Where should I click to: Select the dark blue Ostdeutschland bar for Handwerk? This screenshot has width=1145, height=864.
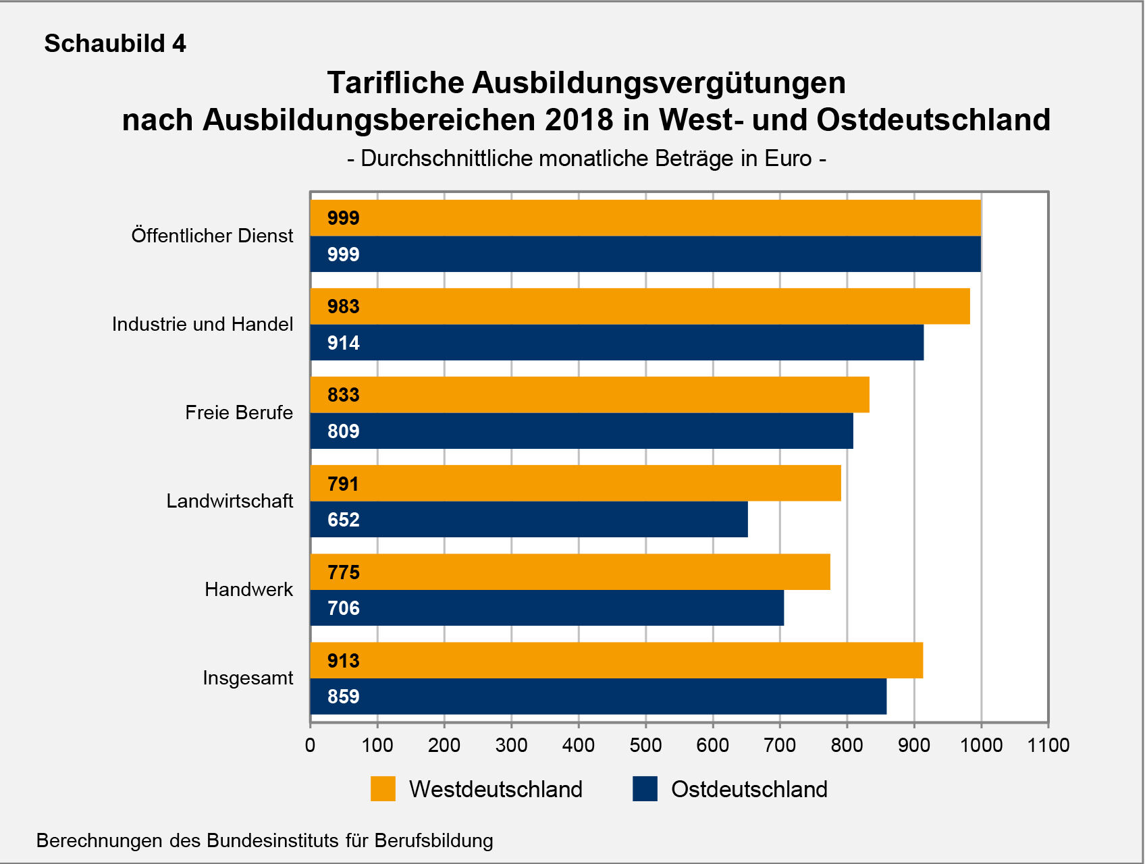coord(547,608)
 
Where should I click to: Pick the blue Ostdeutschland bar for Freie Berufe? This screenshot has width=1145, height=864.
coord(581,431)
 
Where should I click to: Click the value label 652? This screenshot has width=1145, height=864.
coord(344,520)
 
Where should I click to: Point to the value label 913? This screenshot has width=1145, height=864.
coord(344,661)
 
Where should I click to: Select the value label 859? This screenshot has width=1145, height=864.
coord(344,697)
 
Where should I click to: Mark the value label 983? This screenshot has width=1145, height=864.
coord(344,306)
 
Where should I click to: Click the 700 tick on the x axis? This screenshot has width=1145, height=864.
coord(780,745)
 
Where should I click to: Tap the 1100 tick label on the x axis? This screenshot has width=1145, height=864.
coord(1048,745)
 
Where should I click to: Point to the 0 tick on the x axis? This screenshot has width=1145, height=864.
coord(310,745)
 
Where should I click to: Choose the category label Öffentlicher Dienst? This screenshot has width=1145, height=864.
coord(212,236)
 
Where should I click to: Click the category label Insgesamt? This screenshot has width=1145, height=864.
coord(248,678)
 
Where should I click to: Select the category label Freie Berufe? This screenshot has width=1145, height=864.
coord(239,413)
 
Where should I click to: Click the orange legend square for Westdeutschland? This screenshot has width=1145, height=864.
coord(383,789)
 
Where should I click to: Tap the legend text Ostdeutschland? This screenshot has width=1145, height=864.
coord(749,789)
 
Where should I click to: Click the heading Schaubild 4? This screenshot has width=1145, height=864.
coord(115,44)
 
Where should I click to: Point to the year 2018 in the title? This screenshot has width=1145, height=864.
coord(579,120)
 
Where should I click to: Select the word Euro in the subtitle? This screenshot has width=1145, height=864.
coord(788,159)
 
